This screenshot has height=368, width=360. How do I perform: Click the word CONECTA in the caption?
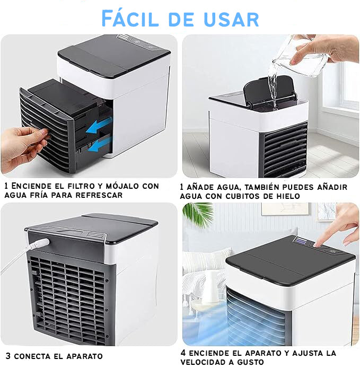point(32,356)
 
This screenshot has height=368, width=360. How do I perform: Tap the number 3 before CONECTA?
point(8,356)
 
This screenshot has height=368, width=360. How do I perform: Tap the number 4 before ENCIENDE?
point(183,353)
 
